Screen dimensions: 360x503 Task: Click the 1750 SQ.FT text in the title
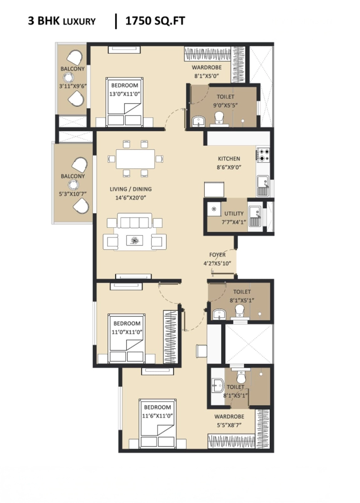coord(155,21)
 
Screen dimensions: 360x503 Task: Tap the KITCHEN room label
coord(229,159)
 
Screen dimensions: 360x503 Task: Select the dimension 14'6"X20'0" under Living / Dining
coord(131,198)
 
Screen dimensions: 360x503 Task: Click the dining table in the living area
coord(135,159)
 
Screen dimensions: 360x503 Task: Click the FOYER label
coord(217,255)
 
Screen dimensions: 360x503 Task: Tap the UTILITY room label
coord(234,213)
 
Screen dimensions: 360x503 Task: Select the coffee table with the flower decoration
coord(134,240)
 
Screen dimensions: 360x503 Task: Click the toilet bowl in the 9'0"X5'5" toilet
coord(219,118)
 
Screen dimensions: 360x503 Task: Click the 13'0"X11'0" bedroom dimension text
coord(125,94)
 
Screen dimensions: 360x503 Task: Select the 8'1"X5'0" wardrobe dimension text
coord(206,76)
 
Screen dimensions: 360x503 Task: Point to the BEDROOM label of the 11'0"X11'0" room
coord(127,323)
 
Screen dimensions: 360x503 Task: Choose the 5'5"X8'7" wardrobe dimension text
coord(229,425)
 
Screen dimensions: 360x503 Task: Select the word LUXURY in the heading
coord(79,22)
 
